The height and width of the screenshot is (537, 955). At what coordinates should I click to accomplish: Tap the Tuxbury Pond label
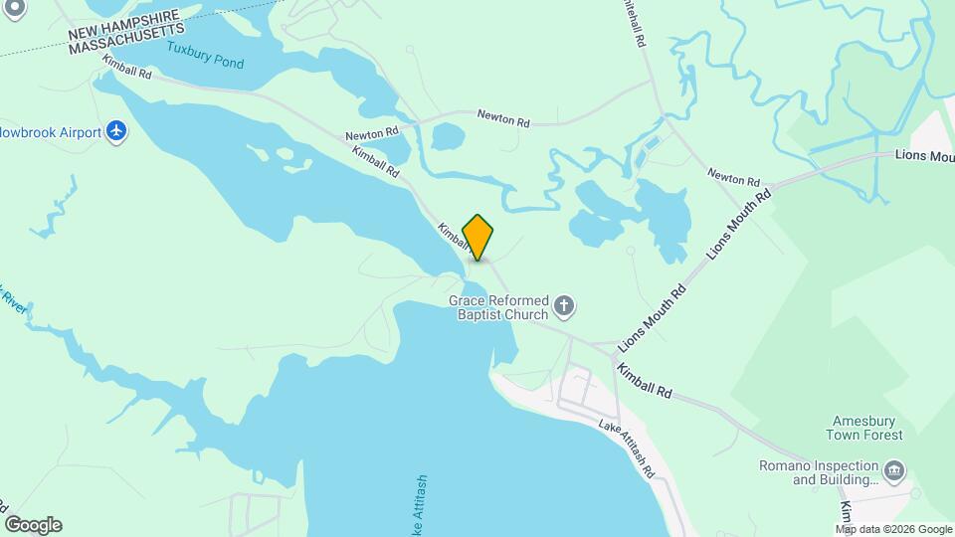(205, 55)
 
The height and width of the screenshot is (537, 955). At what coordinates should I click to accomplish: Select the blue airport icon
(117, 131)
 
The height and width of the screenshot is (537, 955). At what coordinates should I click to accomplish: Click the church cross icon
(564, 305)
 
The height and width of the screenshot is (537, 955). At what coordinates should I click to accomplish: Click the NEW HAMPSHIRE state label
(125, 26)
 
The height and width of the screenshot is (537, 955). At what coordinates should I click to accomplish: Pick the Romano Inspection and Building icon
(893, 469)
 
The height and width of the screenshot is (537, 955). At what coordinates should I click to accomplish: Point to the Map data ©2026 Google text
(893, 529)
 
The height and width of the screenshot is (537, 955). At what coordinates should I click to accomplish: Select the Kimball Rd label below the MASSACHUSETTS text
(125, 67)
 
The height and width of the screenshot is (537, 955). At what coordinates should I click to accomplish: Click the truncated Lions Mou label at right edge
(923, 155)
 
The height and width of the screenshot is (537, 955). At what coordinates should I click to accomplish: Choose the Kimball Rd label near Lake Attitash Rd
(644, 382)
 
